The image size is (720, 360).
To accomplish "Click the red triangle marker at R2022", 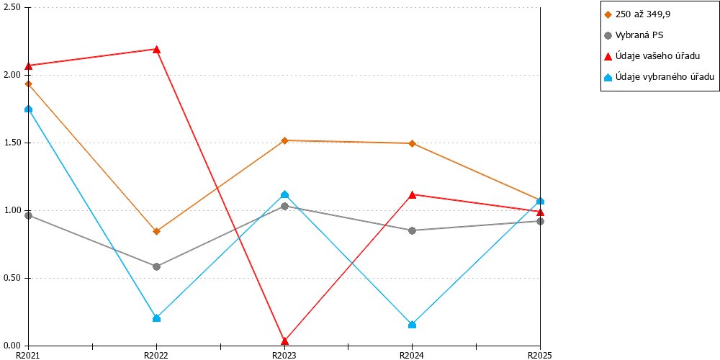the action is pos(156,49).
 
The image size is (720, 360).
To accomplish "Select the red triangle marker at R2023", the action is pos(284,341).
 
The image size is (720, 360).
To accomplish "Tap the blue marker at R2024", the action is pos(413,325).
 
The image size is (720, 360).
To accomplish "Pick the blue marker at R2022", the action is pos(156,318).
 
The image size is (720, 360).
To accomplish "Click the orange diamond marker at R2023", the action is pos(284,140).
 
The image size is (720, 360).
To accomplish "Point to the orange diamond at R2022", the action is pos(156,231).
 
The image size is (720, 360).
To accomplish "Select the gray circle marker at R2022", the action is pos(156,267).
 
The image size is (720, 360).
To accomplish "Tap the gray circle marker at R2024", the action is pos(413,230).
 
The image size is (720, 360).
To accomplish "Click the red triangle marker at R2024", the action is pos(413,194).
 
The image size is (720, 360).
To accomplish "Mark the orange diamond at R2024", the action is pos(413,144).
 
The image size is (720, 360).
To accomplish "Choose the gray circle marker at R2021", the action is pos(29,215).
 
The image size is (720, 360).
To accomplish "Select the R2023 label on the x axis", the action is pos(284,355).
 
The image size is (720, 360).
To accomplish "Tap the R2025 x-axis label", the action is pos(539,355).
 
